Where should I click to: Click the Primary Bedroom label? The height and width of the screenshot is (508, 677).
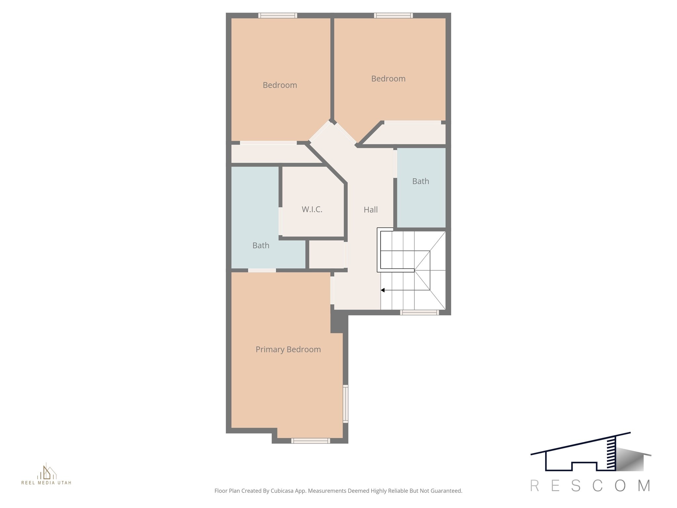[x=288, y=350]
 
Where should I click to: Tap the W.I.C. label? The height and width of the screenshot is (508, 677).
[x=312, y=209]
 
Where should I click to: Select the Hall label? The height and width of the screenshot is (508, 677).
[x=371, y=210]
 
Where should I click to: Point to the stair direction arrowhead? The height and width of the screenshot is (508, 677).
[x=383, y=290]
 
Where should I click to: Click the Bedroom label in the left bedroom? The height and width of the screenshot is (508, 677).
[x=280, y=85]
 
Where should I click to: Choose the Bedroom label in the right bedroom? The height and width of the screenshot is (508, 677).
[x=388, y=79]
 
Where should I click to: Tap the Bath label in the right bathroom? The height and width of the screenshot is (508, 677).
[x=420, y=181]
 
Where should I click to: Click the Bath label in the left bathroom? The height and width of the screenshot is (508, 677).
[x=261, y=245]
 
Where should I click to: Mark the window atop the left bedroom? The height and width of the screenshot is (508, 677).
[x=277, y=15]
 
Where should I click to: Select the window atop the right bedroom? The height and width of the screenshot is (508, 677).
[x=393, y=15]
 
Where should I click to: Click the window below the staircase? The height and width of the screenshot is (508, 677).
[x=419, y=312]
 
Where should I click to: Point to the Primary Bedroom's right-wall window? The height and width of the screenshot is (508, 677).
[x=345, y=403]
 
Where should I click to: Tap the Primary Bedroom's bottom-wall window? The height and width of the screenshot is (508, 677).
[x=310, y=441]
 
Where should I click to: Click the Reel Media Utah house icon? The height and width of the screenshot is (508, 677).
[x=47, y=472]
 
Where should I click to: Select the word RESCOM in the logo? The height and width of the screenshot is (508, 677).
[x=590, y=486]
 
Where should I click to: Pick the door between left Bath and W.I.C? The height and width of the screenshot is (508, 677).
[x=280, y=221]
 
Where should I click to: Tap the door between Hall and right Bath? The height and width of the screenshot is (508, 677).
[x=395, y=164]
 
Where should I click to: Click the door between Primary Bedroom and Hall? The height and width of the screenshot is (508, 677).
[x=332, y=290]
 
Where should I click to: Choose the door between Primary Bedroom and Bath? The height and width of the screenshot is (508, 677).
[x=262, y=270]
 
